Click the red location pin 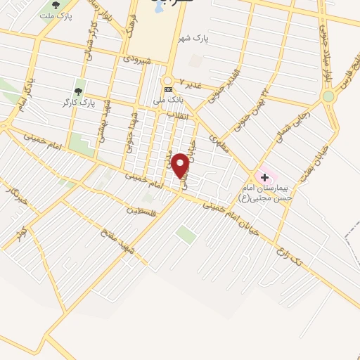(181, 166)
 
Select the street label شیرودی (137, 61)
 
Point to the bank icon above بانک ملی (168, 90)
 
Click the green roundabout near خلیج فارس (328, 96)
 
